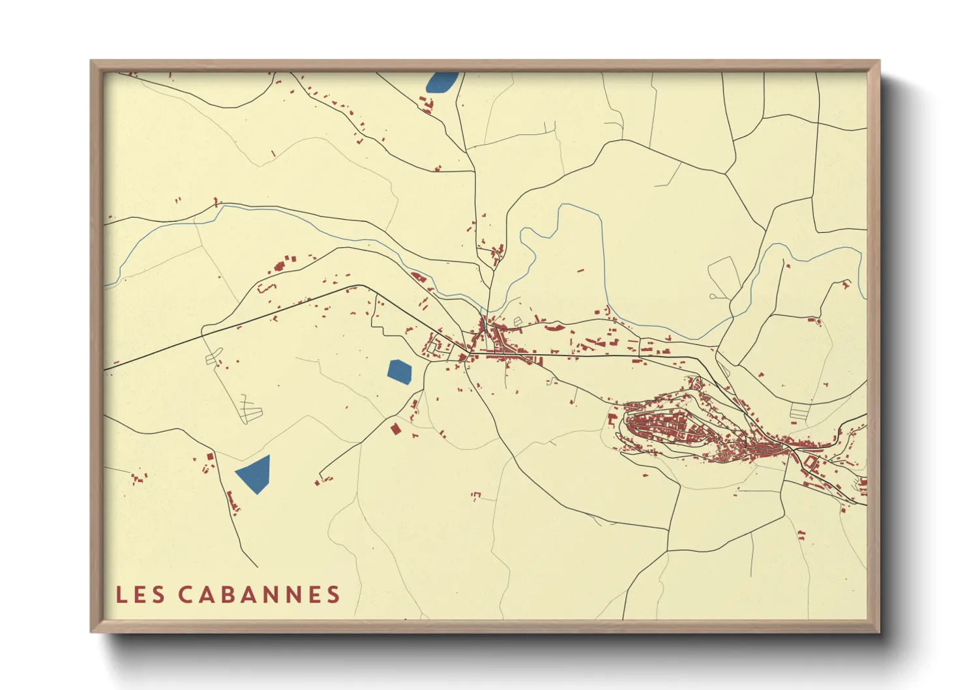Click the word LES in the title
tap(140, 594)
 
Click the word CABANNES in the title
tap(259, 594)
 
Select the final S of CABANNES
tap(334, 594)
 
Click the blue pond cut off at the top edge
tap(442, 82)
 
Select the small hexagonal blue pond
tap(399, 371)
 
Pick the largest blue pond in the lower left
tap(254, 474)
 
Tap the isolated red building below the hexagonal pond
tap(394, 428)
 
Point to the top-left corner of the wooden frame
tap(93, 63)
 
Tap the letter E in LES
tap(140, 594)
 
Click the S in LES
tap(158, 594)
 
